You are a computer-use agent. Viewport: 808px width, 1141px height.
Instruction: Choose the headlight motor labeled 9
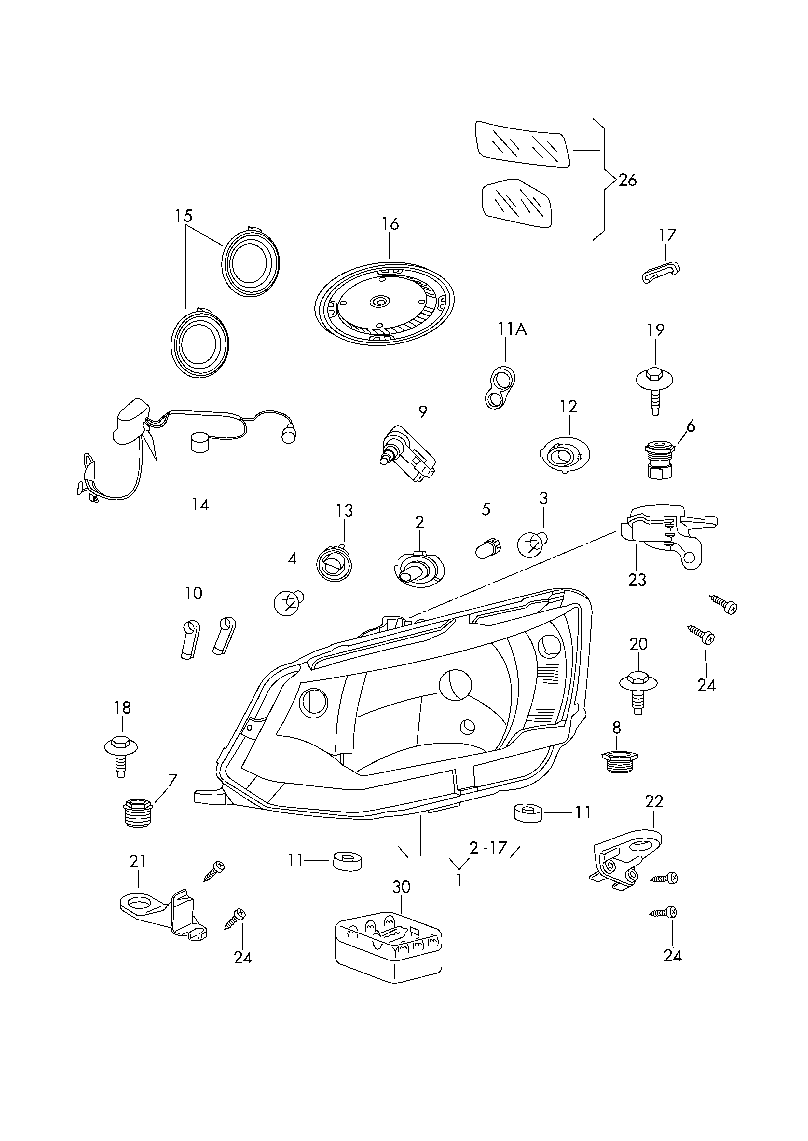[407, 453]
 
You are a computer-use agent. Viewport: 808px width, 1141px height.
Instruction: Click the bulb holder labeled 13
[334, 564]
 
